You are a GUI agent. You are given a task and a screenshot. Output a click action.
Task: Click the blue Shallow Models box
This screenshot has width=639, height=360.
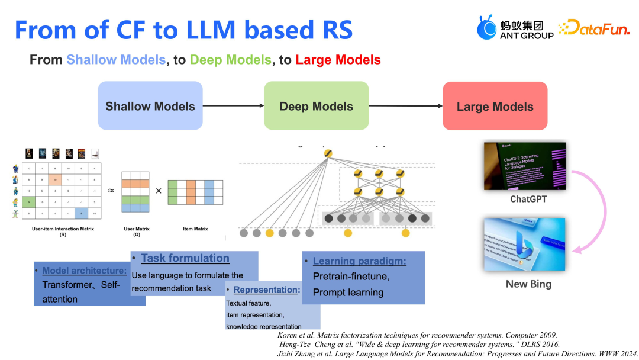[150, 106]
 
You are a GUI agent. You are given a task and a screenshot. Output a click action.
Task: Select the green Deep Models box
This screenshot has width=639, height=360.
[316, 106]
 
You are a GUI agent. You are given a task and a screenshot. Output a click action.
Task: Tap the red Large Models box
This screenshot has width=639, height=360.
[495, 107]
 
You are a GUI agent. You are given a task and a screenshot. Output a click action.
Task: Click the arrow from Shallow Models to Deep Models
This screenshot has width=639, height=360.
[233, 106]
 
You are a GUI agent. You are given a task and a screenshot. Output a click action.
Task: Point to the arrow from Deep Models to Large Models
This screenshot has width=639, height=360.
[405, 106]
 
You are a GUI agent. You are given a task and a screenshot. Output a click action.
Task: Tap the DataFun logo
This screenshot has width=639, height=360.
[593, 28]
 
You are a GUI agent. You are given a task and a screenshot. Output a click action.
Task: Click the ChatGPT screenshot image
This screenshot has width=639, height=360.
[524, 166]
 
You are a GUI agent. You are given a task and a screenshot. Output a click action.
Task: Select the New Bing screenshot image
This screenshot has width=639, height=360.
[524, 245]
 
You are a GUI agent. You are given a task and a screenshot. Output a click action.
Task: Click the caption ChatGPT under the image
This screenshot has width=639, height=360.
[528, 199]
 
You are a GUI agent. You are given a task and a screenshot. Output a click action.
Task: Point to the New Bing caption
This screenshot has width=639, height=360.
[528, 284]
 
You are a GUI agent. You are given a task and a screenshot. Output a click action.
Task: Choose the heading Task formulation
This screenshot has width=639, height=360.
[185, 258]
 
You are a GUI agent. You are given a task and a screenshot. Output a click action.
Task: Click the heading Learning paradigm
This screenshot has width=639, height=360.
[359, 261]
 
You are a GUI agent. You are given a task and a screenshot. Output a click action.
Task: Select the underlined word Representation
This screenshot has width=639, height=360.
[265, 290]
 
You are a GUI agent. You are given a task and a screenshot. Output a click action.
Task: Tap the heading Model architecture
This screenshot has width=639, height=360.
[84, 271]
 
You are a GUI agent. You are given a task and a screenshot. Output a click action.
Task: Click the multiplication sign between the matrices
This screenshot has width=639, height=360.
[158, 191]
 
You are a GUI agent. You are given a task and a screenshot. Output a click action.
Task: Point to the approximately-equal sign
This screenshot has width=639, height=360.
[111, 191]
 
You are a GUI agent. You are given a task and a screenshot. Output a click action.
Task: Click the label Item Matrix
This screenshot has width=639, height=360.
[195, 228]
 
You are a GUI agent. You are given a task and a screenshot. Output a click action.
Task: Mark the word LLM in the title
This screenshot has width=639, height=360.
[229, 30]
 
